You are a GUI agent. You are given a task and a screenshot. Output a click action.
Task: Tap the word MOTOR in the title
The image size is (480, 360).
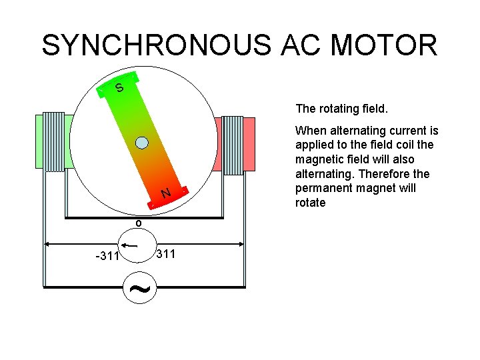tap(384, 45)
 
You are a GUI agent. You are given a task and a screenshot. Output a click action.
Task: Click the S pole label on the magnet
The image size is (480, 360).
tap(119, 88)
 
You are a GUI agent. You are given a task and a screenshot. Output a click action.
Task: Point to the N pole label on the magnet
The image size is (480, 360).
tap(166, 193)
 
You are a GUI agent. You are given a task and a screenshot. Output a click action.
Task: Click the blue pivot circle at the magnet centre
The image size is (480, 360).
tap(141, 142)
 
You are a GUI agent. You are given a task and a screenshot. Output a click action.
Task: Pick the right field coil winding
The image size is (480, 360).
tap(232, 145)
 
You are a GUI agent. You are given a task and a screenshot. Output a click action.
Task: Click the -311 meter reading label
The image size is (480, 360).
tap(106, 256)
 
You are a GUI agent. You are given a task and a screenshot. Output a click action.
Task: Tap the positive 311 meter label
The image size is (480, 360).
tap(165, 254)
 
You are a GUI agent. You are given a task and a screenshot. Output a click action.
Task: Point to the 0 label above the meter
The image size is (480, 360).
tap(138, 223)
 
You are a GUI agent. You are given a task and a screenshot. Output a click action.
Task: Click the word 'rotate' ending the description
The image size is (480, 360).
tap(310, 203)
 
